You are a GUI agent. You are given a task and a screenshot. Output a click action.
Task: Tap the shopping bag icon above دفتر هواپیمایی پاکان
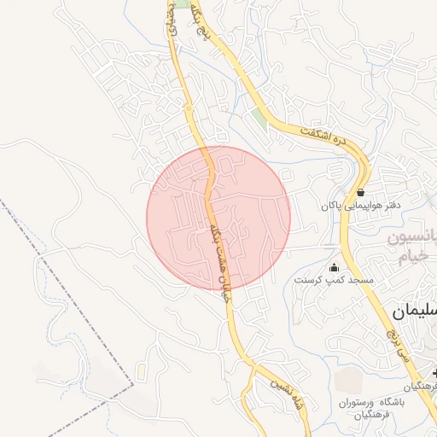[361, 192]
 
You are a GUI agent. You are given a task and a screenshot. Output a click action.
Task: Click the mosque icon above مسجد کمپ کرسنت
[333, 267]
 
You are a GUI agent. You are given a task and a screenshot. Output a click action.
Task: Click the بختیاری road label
[170, 21]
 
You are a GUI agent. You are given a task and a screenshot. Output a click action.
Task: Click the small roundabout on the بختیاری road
[188, 108]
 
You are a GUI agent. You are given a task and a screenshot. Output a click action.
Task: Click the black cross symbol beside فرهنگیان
[434, 374]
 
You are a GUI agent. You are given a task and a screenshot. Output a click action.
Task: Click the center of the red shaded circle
[218, 218]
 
